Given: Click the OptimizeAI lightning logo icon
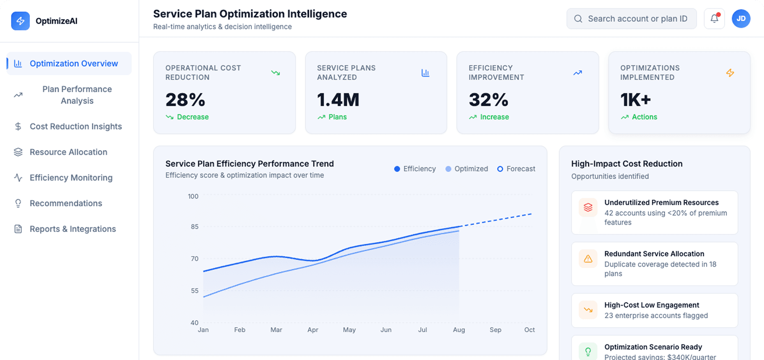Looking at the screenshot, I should (x=20, y=21).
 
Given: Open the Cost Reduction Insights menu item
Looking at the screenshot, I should (x=76, y=127).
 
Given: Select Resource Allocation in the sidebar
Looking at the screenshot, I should (x=68, y=152).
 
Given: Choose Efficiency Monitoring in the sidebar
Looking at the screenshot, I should (x=71, y=178).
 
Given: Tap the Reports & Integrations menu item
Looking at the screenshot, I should (x=72, y=229).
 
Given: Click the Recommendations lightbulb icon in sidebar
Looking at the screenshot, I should (x=18, y=203).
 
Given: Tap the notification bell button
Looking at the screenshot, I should (x=714, y=18).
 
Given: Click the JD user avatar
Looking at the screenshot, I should (x=741, y=18).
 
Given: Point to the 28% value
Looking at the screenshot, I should (x=185, y=100).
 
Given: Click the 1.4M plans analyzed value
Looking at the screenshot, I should (x=338, y=100).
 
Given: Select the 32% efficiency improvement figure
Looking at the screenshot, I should (x=488, y=100).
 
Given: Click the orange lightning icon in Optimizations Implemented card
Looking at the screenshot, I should (x=730, y=73).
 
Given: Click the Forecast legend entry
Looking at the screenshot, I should (x=516, y=169).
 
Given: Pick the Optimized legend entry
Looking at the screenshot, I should (x=467, y=169).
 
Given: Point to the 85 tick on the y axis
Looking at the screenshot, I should (x=194, y=226).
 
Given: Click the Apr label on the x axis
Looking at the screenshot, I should (x=313, y=330).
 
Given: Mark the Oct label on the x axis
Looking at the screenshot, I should (x=529, y=330).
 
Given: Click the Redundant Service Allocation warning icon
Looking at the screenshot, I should (x=588, y=259).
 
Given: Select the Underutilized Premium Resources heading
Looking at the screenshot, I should (x=661, y=203).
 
